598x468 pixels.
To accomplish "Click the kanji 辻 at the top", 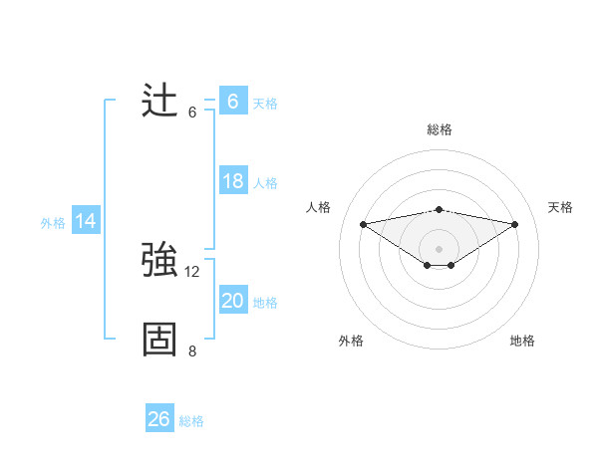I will coord(159,101).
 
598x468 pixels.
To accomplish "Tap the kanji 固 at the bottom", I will coord(159,339).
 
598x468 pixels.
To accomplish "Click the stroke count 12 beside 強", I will coord(192,271).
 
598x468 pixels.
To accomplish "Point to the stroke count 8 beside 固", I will coord(192,351).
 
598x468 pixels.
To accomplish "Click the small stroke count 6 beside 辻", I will coord(192,112).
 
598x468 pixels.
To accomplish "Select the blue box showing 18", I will coord(232,181).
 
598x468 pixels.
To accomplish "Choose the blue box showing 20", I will coord(232,301).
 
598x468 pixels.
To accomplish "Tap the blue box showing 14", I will coord(86,221).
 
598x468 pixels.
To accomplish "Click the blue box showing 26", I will coord(158,419).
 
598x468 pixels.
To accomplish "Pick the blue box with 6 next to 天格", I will coord(232,101).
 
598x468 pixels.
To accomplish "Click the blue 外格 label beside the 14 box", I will coord(53,223).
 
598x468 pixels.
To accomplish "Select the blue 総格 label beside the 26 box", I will coord(191,421).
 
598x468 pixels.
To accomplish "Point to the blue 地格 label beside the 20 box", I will coord(265,303).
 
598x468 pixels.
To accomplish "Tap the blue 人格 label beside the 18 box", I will coord(265,183).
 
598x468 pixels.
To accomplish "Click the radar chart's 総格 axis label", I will coord(440,129).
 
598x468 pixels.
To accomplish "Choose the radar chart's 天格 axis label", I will coord(560,207).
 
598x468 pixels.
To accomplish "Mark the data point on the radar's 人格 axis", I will coord(363,223).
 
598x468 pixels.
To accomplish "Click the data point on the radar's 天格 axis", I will coord(515,224).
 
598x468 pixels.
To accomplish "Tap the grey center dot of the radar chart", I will coord(439,248).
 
